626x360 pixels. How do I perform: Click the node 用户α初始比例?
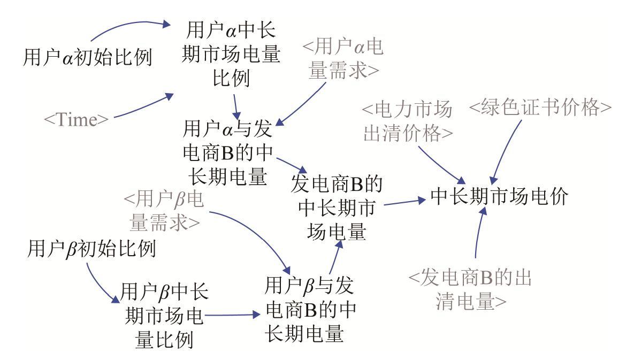(x=88, y=57)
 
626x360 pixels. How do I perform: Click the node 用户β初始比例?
(x=91, y=249)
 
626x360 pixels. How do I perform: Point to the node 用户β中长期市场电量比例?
(x=164, y=316)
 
